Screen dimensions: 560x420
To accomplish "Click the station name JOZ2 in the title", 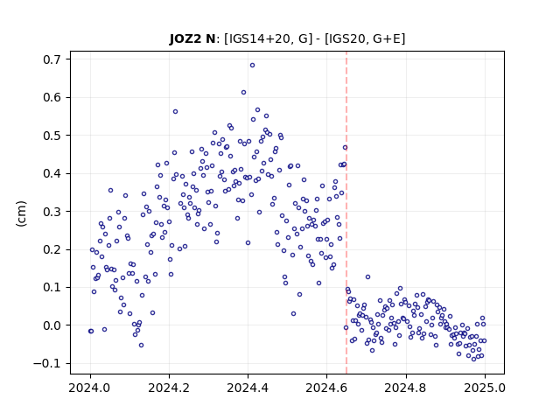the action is coord(185,38).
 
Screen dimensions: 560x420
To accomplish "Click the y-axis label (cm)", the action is coord(21,213).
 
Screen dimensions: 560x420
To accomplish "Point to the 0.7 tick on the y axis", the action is coord(52,59).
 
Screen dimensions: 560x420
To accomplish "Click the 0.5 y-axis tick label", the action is coord(52,136).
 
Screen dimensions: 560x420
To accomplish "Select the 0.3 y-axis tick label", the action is coord(52,212).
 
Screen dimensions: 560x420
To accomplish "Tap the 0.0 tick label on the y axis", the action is coord(52,325).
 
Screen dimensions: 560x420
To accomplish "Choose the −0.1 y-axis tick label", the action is coord(48,364).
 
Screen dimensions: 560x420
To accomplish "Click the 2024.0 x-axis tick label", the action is coord(90,388).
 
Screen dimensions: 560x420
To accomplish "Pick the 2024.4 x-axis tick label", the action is coord(248,388).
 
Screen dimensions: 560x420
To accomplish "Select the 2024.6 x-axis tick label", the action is coord(326,388).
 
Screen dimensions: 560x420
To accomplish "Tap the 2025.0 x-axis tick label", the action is coord(485,388).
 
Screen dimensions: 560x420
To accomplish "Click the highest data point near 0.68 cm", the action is coord(252,66).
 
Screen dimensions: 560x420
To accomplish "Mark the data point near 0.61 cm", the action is coord(243,93).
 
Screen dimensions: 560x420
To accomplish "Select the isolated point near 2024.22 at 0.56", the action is coord(175,112).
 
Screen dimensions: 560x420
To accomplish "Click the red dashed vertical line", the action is coord(346,213).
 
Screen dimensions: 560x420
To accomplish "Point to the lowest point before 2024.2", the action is coord(141,346).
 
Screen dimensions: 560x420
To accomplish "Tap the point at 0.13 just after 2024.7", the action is coord(367,277).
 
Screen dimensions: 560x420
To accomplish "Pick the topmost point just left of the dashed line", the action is coord(345,148).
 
